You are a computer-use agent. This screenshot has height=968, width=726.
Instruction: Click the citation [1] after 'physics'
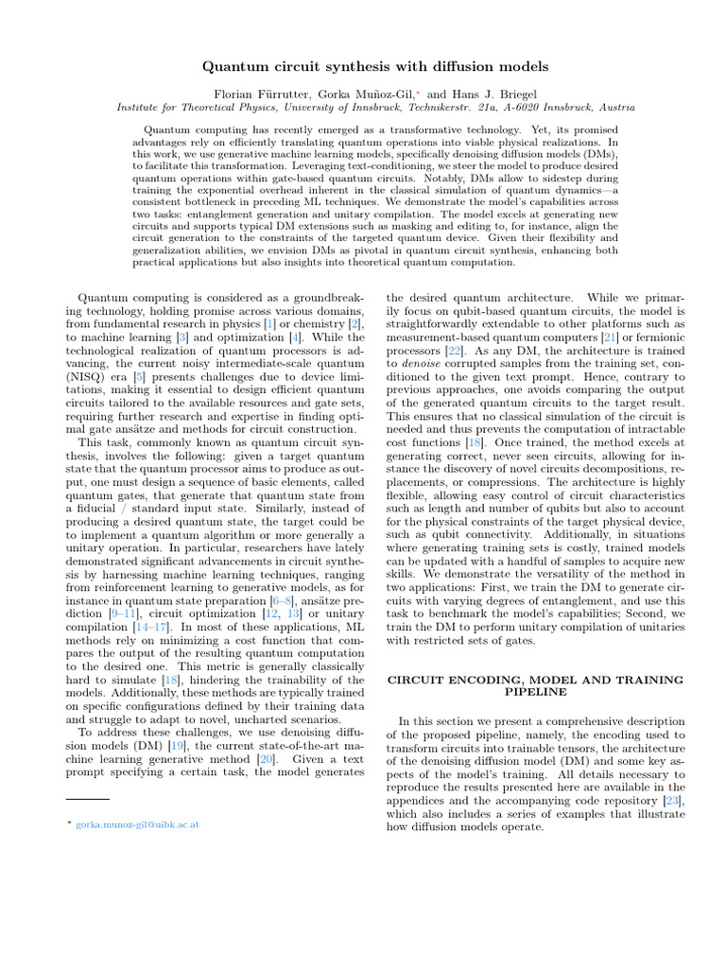[269, 325]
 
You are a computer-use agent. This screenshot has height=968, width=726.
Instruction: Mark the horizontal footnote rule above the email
[88, 801]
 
